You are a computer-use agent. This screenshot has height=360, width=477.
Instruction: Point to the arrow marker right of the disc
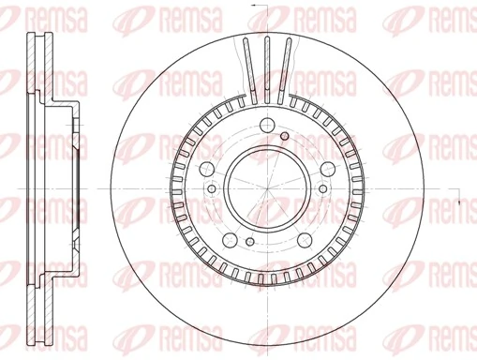[459, 202]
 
